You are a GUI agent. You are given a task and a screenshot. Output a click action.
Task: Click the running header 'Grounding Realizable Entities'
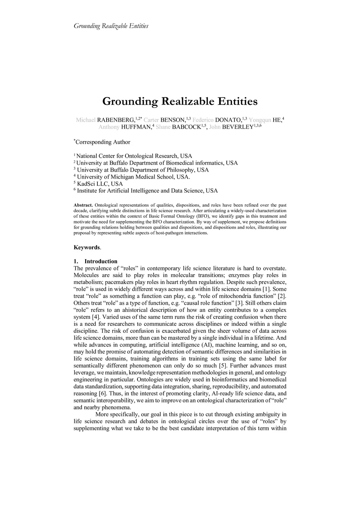(111, 26)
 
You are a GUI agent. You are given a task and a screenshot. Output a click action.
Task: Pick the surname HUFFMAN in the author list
(136, 127)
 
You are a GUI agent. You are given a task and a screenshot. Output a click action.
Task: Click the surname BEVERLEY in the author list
(238, 127)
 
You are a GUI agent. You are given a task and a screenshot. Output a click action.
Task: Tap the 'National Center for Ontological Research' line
(134, 156)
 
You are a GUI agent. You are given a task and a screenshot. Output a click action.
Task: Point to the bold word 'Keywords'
(87, 247)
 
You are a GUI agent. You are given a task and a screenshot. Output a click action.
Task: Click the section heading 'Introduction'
(101, 262)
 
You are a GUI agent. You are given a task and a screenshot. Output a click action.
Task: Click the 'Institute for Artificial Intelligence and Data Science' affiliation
(147, 191)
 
